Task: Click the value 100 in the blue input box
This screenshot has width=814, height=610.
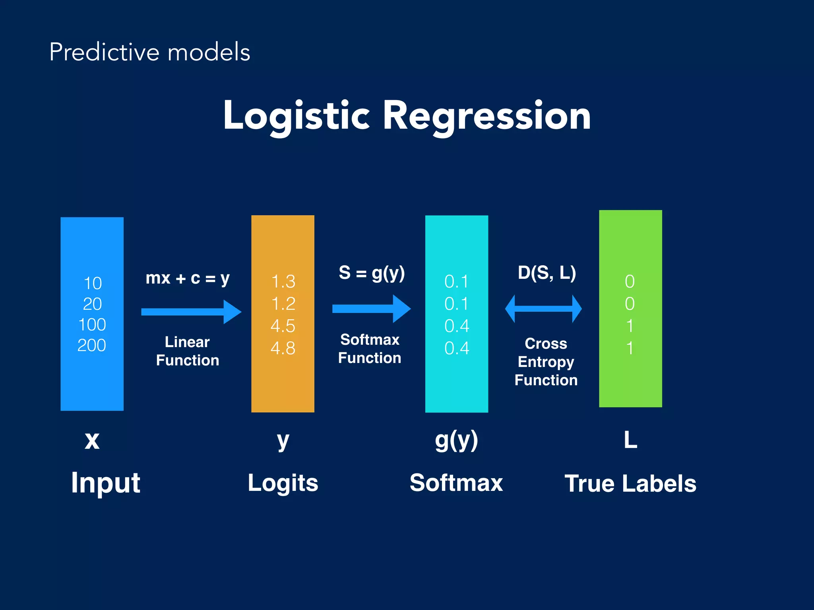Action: point(92,325)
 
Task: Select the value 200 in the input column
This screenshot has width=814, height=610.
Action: point(92,346)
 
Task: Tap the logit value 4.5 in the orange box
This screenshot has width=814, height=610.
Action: point(283,326)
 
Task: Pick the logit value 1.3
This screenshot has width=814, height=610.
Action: point(283,282)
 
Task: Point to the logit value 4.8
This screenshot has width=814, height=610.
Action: point(283,348)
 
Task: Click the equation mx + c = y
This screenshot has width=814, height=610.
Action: point(188,278)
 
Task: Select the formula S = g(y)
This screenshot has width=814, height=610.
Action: point(372,273)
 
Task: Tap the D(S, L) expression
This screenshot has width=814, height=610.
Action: point(547,273)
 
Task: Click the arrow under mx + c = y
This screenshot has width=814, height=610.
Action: point(191,312)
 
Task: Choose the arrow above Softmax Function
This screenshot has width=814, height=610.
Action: point(371,309)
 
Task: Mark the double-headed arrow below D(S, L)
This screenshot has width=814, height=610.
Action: point(543,309)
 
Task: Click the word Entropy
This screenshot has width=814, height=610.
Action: point(546,362)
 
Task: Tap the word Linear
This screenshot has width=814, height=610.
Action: point(187,342)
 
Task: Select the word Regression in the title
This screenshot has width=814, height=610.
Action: point(486,116)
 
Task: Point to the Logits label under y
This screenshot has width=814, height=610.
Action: point(283,483)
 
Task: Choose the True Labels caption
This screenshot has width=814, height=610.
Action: point(630,484)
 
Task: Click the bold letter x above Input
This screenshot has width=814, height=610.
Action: point(92,441)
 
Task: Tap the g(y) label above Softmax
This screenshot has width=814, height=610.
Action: point(456,441)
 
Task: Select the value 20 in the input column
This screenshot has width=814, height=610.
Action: point(92,304)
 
